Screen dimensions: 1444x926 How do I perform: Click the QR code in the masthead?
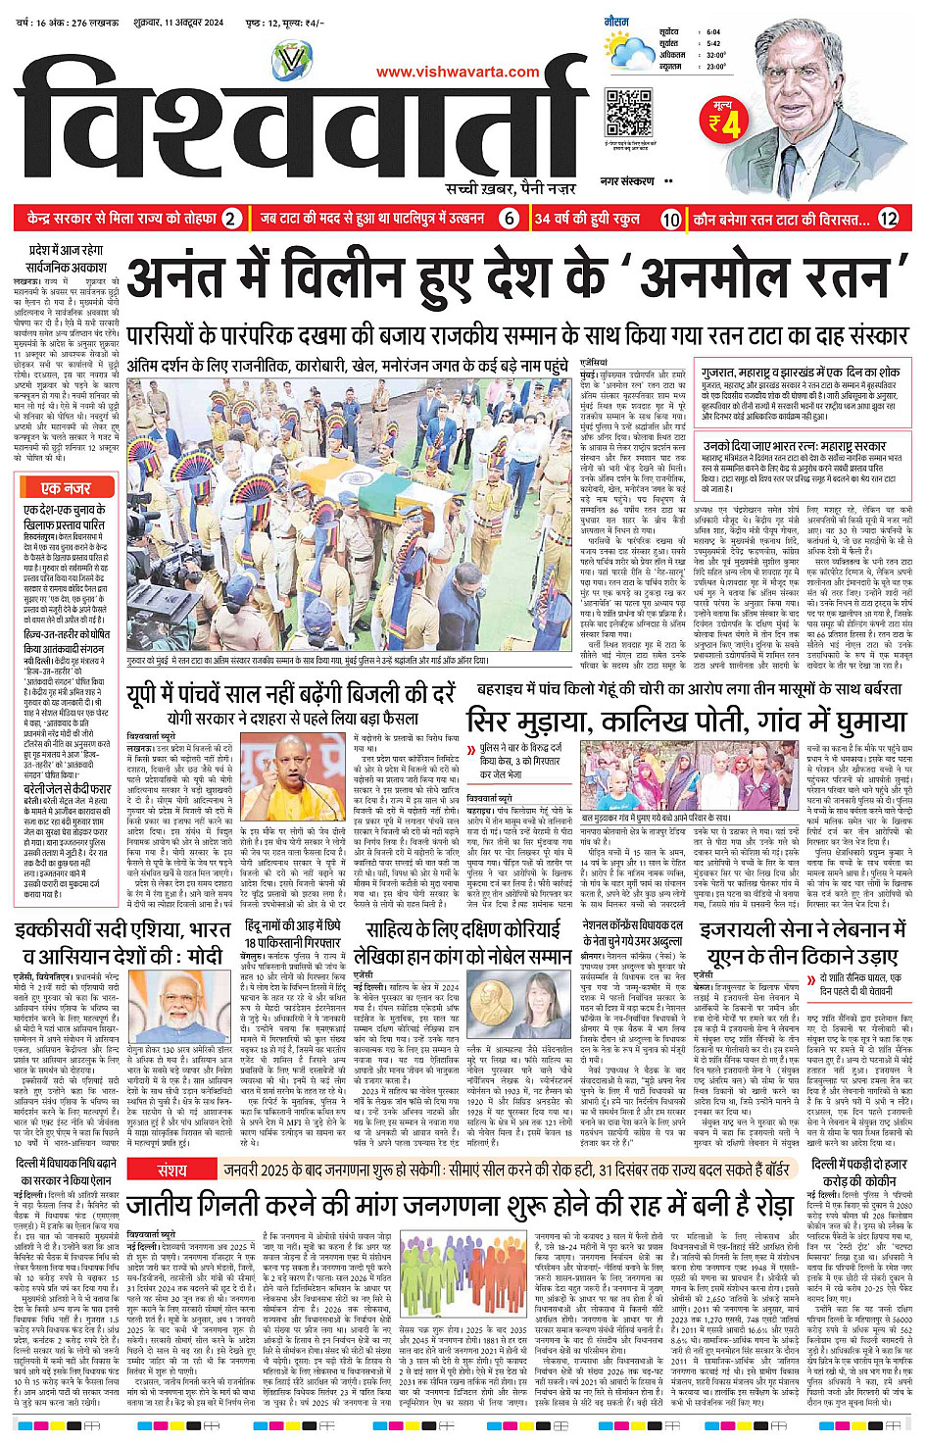point(628,112)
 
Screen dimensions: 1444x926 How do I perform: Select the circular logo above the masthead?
point(292,61)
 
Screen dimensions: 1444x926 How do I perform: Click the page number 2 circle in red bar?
point(229,219)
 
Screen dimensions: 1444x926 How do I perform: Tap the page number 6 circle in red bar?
point(510,219)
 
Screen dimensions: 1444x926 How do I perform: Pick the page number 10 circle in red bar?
point(670,219)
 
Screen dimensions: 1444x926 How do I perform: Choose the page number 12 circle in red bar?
point(888,219)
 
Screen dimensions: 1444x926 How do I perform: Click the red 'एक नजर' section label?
point(66,487)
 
